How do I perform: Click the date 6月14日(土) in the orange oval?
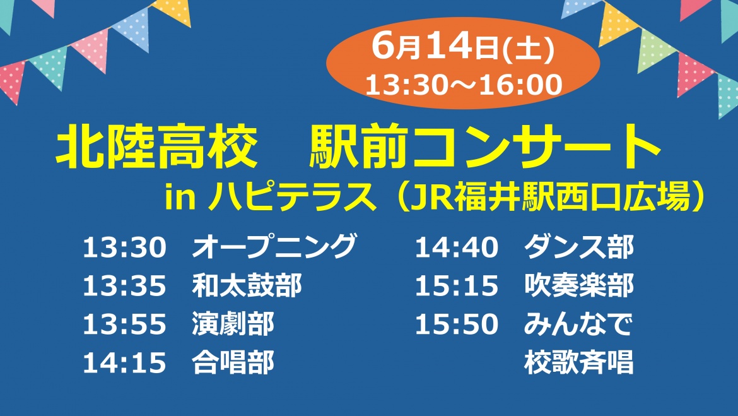(x=463, y=47)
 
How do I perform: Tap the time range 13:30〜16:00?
(x=464, y=85)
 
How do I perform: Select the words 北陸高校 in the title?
(x=156, y=146)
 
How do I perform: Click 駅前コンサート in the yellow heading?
(x=485, y=146)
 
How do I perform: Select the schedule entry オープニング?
(x=274, y=246)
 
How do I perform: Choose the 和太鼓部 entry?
(x=247, y=285)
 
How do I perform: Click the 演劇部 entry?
(x=233, y=324)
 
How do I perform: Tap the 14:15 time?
(x=125, y=364)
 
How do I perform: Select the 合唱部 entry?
(x=233, y=363)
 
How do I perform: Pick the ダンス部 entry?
(x=579, y=246)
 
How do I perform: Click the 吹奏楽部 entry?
(x=579, y=285)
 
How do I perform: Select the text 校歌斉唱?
(x=579, y=363)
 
